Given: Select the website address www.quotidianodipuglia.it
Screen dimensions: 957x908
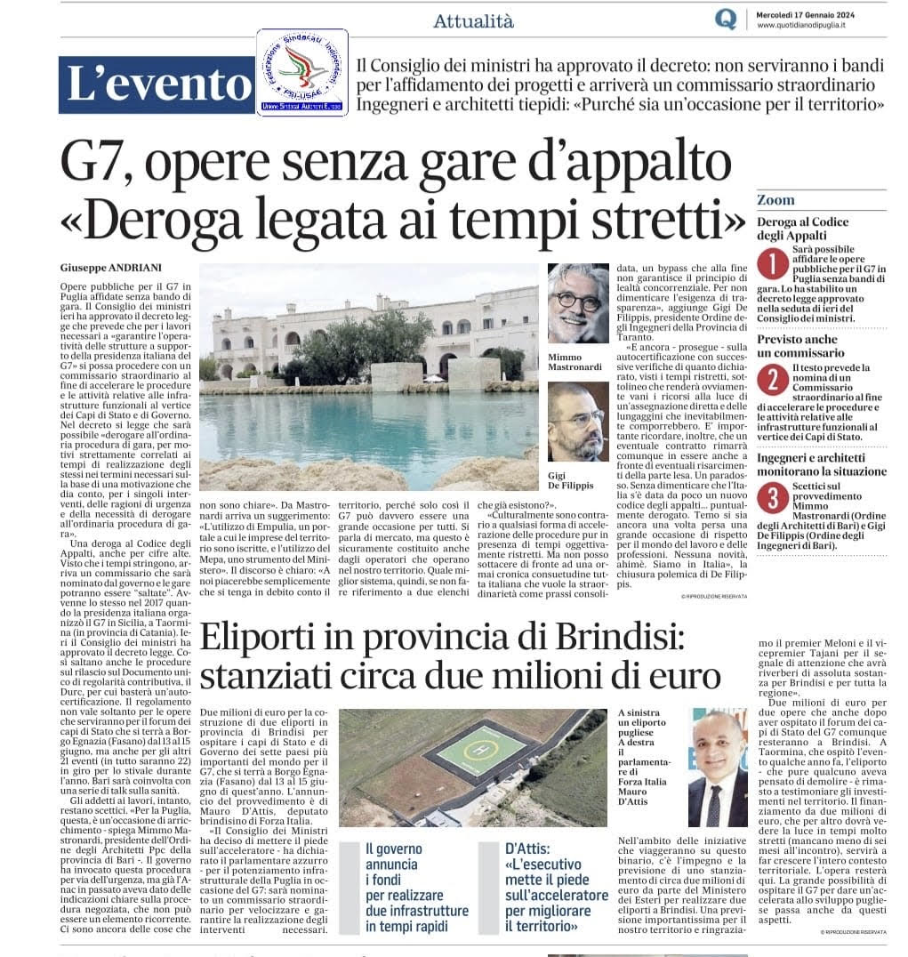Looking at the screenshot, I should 800,26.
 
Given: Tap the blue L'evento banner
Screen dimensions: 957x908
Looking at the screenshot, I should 157,84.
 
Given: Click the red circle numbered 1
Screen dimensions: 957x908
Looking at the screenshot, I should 771,264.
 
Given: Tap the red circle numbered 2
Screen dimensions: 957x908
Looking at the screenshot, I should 771,379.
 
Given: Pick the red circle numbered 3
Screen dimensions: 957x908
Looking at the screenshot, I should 771,499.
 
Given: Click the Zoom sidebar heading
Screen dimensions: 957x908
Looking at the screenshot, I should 776,200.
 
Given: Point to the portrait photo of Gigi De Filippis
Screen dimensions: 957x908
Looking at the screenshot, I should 578,422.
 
